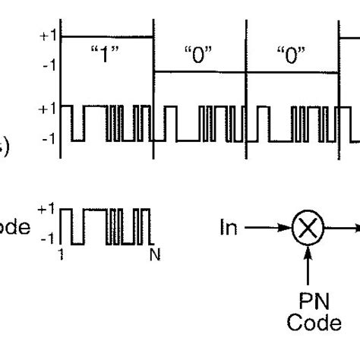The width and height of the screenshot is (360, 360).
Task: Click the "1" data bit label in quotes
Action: (x=107, y=55)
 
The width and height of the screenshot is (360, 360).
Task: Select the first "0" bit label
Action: (x=199, y=55)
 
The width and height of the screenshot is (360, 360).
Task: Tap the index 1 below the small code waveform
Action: (x=62, y=256)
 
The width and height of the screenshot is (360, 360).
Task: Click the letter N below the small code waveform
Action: (x=154, y=256)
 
